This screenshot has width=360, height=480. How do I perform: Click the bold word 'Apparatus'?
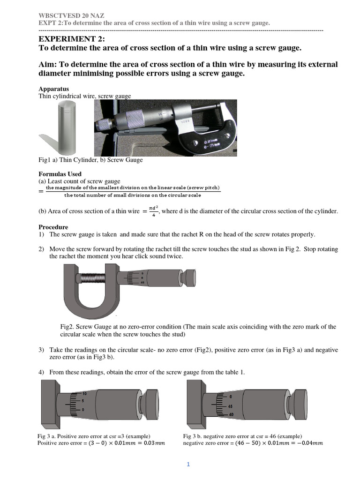click(x=53, y=89)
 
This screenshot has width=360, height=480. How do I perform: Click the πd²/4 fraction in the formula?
click(x=152, y=211)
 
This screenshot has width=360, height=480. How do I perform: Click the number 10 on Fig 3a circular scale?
click(x=84, y=393)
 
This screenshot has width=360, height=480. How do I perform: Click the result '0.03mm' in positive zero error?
click(x=155, y=443)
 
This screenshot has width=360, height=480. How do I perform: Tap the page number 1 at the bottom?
click(x=188, y=465)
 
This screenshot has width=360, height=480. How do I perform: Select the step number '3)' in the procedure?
click(x=41, y=350)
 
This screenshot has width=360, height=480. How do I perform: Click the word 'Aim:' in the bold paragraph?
click(x=49, y=64)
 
